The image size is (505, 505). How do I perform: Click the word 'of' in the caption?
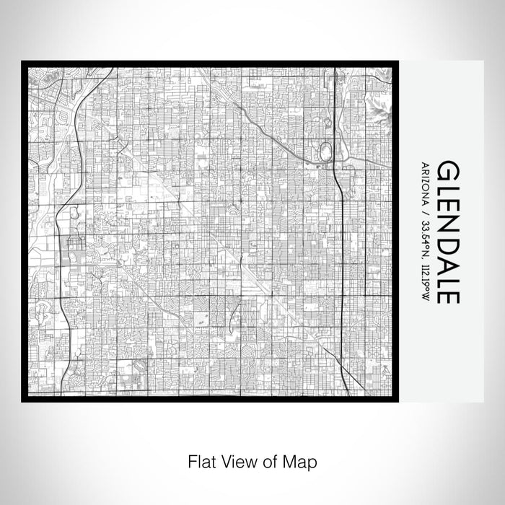tap(263, 460)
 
